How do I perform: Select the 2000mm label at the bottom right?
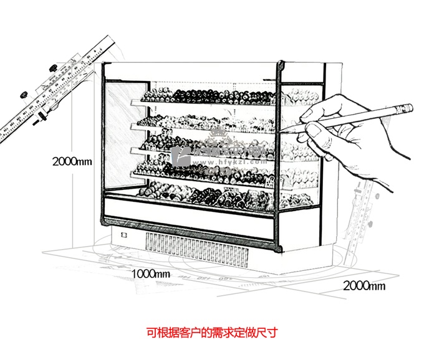364,286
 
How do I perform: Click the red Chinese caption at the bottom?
211,332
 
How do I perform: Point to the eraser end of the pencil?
405,107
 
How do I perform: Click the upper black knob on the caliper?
53,66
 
